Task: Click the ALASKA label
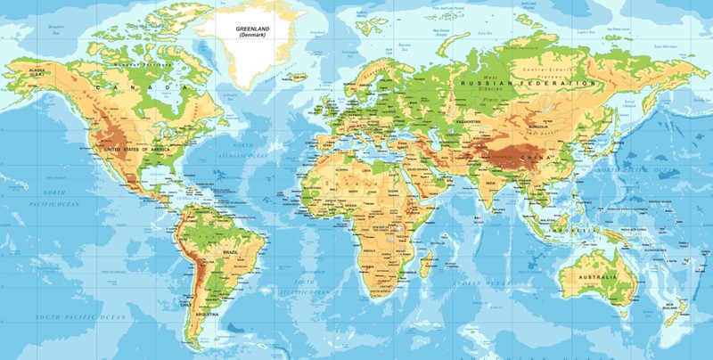pos(37,70)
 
